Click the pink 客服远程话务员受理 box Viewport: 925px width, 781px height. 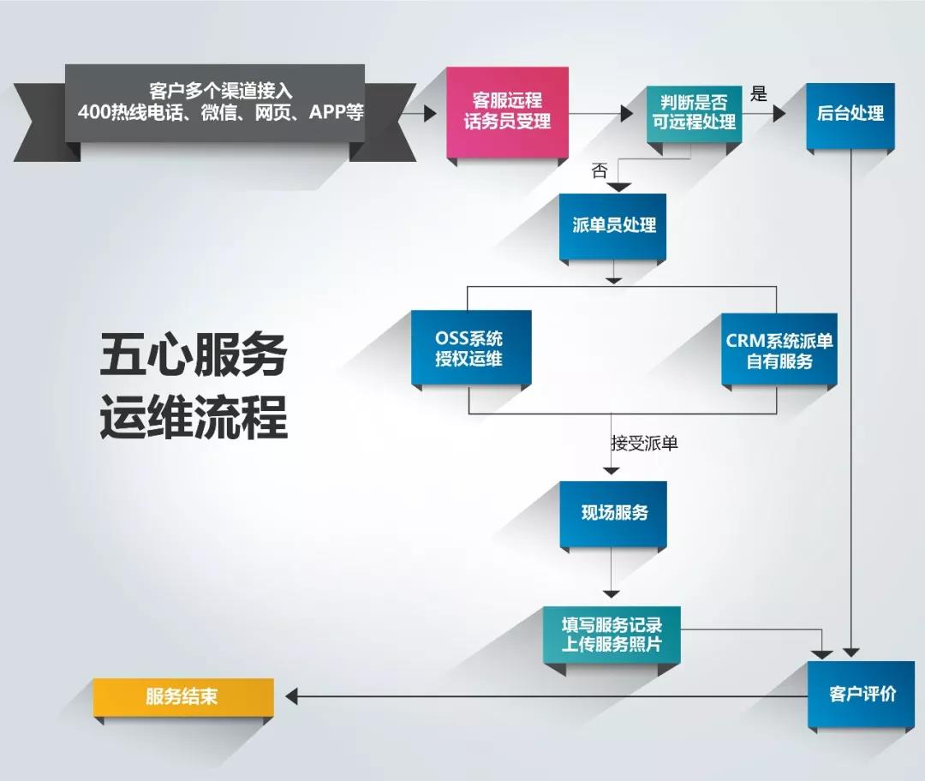coord(507,111)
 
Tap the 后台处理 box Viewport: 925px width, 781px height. coord(850,114)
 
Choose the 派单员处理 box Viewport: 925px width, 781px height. coord(613,226)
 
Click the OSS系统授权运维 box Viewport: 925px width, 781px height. coord(469,349)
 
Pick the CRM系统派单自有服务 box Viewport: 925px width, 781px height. coord(779,350)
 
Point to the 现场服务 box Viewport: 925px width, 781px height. coord(613,513)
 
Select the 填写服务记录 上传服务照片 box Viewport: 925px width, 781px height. coord(612,633)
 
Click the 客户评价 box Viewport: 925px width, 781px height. coord(862,694)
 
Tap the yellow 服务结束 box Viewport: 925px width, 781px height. coord(182,696)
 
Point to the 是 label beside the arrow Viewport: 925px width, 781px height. coord(759,93)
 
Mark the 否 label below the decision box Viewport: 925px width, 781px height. coord(599,170)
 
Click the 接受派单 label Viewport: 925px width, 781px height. coord(644,443)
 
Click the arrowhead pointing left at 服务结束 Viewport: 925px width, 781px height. coord(291,696)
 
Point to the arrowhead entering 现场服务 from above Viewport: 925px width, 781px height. coord(612,469)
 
